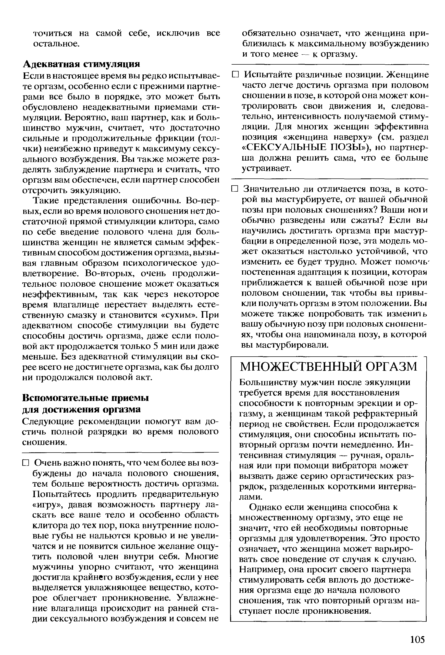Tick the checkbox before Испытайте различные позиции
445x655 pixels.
(x=235, y=75)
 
